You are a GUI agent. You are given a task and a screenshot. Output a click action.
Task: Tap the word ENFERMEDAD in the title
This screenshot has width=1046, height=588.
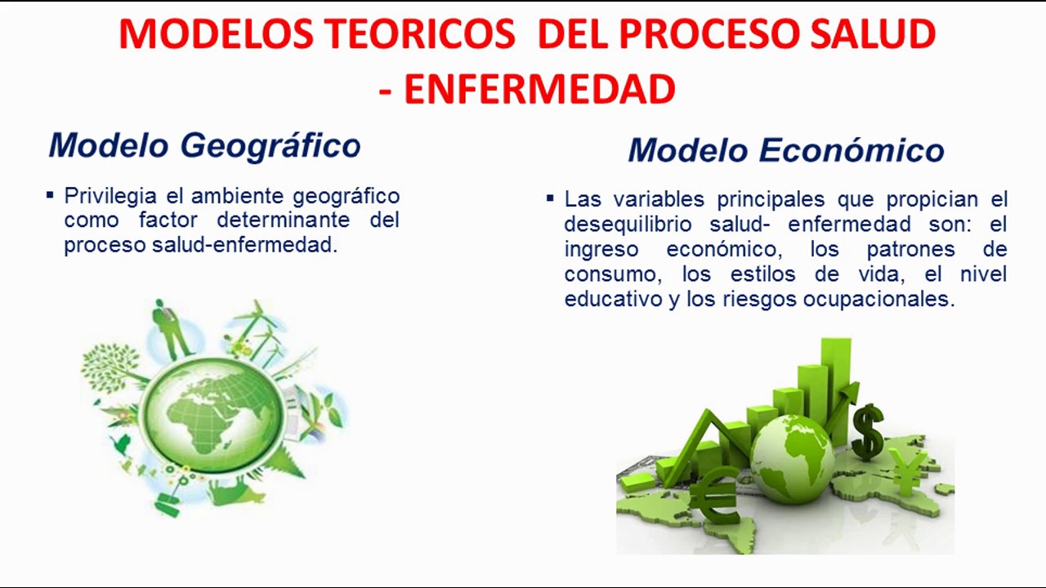tap(539, 89)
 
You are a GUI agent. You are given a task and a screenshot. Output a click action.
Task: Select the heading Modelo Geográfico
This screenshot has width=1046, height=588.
tap(204, 145)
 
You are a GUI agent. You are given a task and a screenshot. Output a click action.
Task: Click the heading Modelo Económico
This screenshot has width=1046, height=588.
tap(785, 150)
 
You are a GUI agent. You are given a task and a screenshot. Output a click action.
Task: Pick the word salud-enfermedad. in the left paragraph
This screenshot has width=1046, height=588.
tap(245, 245)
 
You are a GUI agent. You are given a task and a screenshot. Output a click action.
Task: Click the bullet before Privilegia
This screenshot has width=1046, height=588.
tap(50, 196)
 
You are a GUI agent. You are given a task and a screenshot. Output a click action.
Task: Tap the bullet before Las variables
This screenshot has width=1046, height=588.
tap(550, 198)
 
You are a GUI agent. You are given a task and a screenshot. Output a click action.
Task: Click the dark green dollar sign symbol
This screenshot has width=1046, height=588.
tap(867, 432)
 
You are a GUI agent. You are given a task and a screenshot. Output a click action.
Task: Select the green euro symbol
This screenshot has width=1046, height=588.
tap(715, 495)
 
